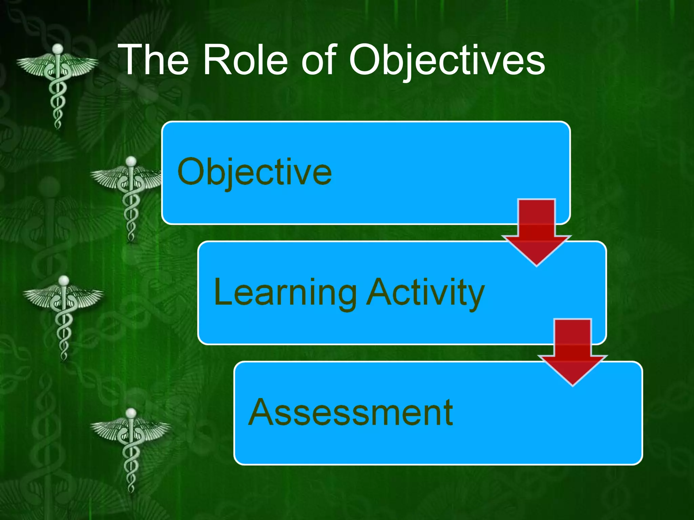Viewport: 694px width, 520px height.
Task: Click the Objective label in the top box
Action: pos(254,173)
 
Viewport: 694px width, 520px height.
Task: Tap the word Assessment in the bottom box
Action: pos(350,412)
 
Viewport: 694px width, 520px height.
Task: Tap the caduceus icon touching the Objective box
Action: pos(130,198)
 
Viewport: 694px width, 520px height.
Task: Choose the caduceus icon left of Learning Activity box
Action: pos(63,317)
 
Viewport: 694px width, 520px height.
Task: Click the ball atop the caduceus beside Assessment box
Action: pos(131,413)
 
